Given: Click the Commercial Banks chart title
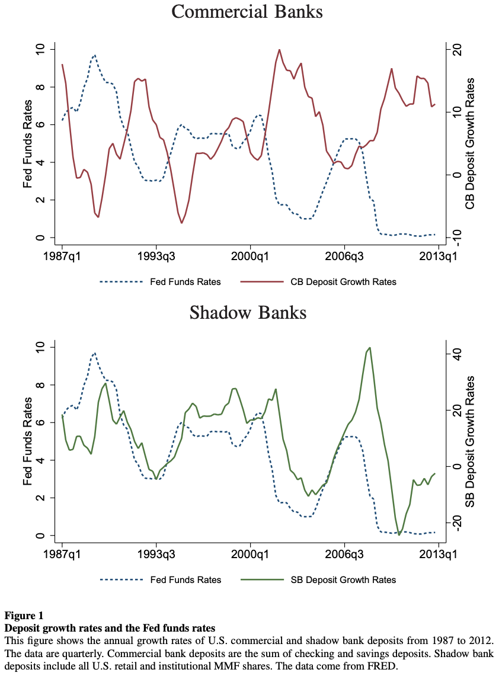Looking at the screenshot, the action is click(247, 12).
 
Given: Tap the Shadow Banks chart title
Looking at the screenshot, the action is click(248, 313).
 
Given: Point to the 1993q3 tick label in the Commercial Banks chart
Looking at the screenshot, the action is click(156, 257).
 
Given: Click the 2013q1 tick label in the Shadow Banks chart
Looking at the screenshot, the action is click(439, 555).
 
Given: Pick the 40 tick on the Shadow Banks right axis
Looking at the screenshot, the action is click(456, 354).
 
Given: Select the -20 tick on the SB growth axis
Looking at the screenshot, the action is click(456, 523).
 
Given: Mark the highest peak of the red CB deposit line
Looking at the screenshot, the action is click(279, 49).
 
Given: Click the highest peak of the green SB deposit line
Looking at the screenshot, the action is click(369, 347).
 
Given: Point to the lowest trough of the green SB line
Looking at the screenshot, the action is click(399, 535).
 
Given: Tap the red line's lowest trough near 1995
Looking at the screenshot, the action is click(181, 223).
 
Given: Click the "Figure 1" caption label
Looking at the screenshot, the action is click(24, 616).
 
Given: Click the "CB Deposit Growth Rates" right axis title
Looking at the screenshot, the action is click(470, 143).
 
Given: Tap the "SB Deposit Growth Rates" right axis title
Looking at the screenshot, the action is click(470, 441).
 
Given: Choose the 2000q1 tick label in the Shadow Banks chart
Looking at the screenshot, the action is click(250, 555).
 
